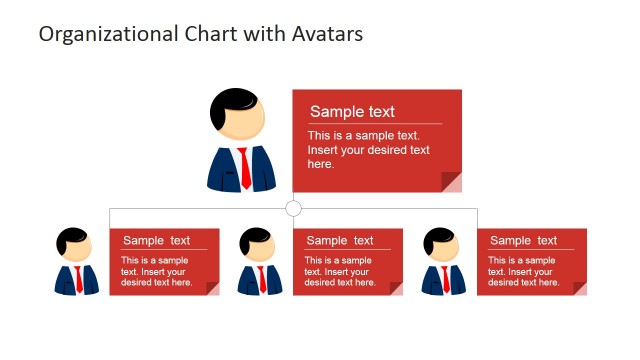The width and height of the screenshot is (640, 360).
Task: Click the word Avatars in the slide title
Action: [326, 34]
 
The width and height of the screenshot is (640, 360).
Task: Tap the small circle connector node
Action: [293, 208]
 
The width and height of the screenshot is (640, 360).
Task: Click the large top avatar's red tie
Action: [244, 168]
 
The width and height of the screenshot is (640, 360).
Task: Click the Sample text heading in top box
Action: [352, 112]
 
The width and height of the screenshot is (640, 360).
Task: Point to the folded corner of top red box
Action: [452, 182]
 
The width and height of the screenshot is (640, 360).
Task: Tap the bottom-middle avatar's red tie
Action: [262, 278]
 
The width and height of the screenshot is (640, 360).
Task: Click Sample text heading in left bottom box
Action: [156, 240]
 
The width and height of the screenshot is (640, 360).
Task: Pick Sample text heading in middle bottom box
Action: [340, 240]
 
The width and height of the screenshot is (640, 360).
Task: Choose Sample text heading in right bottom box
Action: [524, 240]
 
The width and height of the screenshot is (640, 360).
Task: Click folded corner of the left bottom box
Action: [212, 289]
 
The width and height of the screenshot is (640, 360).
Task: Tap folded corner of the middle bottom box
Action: [396, 289]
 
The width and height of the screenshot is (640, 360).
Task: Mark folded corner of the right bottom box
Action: [580, 289]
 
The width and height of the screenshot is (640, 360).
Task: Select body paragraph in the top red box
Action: [369, 150]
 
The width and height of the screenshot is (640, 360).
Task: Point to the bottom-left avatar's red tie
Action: [78, 278]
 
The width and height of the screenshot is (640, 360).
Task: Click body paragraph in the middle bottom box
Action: [340, 271]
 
